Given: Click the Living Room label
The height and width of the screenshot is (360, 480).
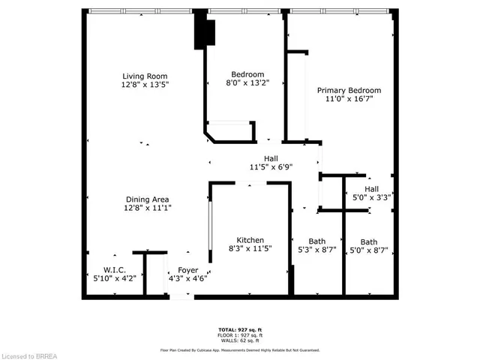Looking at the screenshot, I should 145,76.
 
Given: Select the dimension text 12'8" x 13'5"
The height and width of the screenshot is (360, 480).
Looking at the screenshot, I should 145,85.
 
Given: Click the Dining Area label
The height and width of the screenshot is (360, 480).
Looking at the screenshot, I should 146,199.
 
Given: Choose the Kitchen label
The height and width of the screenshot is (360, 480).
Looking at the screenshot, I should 250,239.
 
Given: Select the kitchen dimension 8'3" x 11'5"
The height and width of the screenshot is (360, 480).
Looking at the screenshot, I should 250,248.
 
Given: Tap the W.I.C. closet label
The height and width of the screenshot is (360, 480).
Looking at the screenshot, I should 114,269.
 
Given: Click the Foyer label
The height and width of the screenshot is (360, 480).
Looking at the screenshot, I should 187,269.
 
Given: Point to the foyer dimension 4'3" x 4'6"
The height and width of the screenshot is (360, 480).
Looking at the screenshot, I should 187,278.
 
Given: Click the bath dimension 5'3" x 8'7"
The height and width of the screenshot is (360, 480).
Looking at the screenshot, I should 316,250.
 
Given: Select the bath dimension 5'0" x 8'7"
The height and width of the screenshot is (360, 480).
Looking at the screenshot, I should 369,250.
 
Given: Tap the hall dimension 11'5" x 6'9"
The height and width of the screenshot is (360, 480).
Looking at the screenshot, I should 271,167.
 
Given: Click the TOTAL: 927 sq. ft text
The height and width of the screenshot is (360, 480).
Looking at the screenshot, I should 239,328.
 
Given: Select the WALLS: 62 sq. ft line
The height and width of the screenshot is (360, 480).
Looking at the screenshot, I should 239,340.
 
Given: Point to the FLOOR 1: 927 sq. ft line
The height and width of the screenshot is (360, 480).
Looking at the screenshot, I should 239,334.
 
